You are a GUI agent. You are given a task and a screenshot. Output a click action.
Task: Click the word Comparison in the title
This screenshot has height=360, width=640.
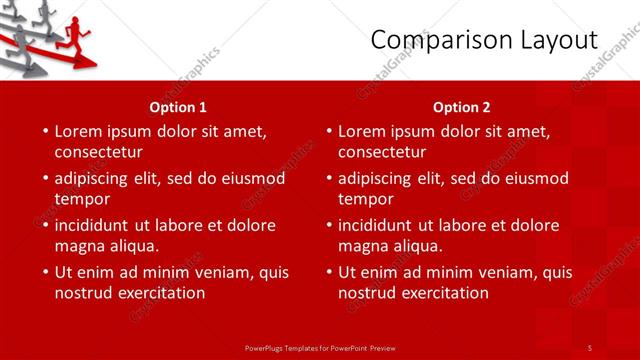pos(435,41)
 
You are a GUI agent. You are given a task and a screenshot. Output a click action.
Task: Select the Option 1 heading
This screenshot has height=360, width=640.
pos(178,106)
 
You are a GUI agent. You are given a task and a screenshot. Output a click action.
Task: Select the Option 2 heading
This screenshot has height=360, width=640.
pos(462,106)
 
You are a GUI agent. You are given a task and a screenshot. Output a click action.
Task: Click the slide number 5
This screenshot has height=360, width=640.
pos(590,346)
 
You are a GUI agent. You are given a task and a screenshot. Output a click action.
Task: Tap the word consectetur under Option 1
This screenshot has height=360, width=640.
pos(98,152)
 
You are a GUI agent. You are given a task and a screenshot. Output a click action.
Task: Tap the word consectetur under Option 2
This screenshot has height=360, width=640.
pos(382,152)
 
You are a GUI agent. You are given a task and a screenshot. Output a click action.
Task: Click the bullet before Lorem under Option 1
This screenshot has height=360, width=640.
pos(44,131)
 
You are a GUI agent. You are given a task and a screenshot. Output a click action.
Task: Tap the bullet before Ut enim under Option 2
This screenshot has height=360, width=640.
pos(328,272)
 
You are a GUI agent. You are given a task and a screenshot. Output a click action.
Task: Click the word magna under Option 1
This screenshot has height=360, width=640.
pos(78,246)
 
